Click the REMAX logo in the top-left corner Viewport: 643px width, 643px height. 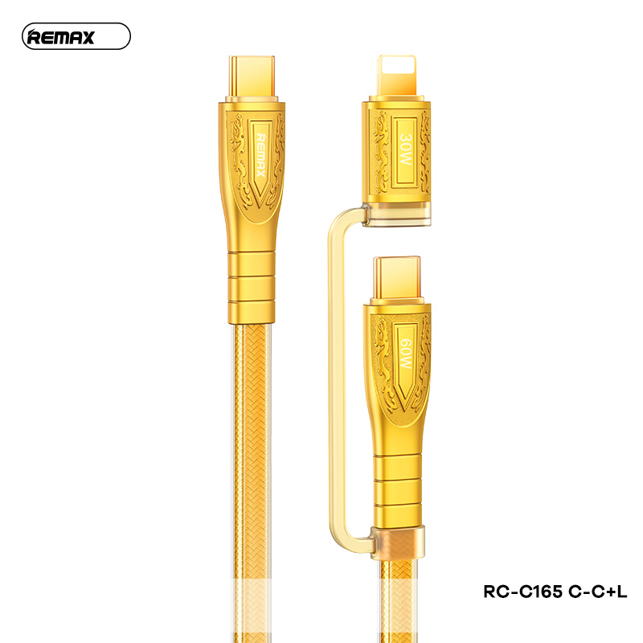(x=76, y=36)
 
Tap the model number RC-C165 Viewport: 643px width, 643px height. (x=523, y=592)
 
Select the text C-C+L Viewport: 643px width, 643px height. (x=597, y=592)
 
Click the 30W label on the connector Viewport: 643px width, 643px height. (x=406, y=149)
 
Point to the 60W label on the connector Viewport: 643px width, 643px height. (x=406, y=354)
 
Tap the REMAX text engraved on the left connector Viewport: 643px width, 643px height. (x=261, y=154)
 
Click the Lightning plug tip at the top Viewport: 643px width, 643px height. (x=396, y=76)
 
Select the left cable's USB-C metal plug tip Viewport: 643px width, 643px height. (x=252, y=77)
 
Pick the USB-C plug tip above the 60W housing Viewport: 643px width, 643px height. (x=397, y=280)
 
